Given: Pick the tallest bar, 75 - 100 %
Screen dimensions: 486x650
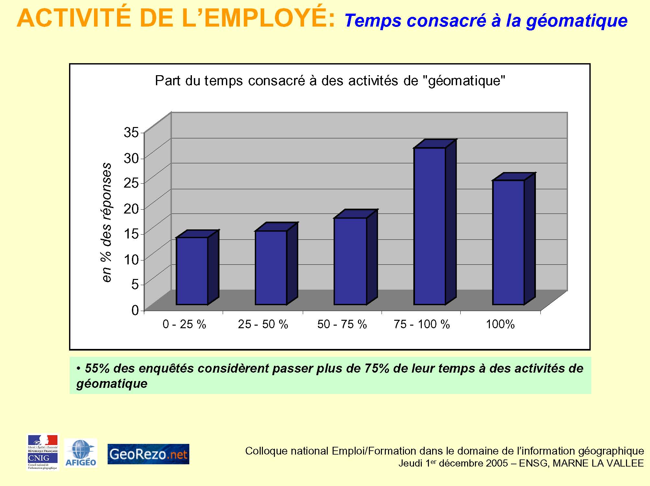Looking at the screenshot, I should (430, 226).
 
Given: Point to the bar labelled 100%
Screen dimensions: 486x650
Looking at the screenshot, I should (508, 242).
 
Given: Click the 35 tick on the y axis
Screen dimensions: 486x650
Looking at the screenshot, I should (131, 133).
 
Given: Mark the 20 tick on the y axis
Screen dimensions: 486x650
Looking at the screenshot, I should (131, 209).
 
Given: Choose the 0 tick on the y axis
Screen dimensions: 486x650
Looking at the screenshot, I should (135, 310).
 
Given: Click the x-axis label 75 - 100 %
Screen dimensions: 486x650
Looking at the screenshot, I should (422, 324).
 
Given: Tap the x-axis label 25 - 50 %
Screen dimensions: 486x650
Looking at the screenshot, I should (263, 324).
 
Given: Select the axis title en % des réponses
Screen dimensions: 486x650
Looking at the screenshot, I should (106, 222).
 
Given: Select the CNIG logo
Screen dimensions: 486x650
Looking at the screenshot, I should (42, 452).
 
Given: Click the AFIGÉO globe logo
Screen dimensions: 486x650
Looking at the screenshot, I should (81, 453).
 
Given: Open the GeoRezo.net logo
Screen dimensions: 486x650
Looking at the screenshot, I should (148, 454).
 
